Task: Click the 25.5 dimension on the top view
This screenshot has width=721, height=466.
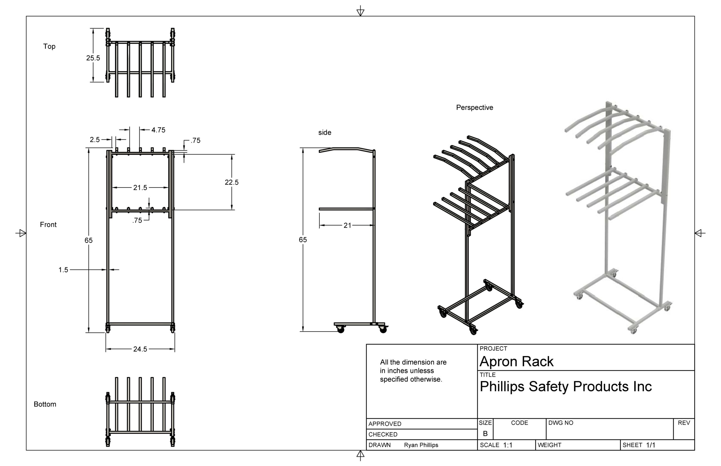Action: click(x=93, y=58)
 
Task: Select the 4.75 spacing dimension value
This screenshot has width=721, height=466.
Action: click(x=158, y=130)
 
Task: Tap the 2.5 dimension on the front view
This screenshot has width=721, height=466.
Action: click(x=94, y=140)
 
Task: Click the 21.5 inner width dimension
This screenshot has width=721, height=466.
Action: click(x=140, y=188)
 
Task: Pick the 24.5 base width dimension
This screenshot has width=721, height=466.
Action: click(x=140, y=349)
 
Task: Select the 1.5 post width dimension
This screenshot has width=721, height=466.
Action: click(x=63, y=270)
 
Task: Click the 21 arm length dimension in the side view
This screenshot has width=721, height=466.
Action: click(x=347, y=225)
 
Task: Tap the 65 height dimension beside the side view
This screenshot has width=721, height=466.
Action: click(x=302, y=240)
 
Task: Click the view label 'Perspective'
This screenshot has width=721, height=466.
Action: click(x=474, y=107)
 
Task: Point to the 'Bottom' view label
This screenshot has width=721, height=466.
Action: click(x=45, y=404)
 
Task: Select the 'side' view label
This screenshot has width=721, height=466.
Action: click(x=324, y=132)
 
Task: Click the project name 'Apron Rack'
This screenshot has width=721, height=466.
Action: click(x=516, y=361)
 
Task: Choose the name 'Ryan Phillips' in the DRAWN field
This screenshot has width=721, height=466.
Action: click(x=420, y=445)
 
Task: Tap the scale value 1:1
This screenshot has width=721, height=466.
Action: click(x=508, y=445)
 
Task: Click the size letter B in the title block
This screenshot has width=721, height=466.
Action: click(x=485, y=433)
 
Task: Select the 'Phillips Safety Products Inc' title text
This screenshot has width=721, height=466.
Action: click(x=565, y=386)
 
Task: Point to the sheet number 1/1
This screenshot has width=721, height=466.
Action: click(x=650, y=445)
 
